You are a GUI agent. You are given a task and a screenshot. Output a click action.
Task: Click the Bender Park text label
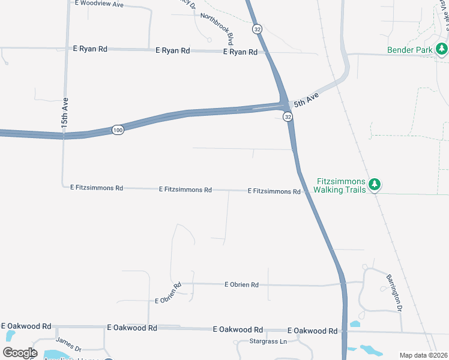coord(409,50)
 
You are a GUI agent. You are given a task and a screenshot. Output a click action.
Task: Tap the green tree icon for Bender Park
coord(442,48)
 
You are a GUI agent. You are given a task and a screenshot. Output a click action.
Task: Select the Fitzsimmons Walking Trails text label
coord(341,185)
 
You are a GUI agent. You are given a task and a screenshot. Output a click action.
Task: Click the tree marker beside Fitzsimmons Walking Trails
coord(375,184)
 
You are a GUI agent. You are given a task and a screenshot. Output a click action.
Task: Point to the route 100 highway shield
coord(118,130)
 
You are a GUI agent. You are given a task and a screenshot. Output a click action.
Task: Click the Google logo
coord(20,352)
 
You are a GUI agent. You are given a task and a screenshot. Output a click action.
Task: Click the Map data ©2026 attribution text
coord(423,355)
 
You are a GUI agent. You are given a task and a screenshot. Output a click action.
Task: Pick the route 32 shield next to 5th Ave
coord(288,117)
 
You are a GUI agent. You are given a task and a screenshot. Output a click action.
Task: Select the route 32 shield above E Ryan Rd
coord(257,29)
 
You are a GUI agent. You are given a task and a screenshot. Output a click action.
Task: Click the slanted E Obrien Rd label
coord(168,293)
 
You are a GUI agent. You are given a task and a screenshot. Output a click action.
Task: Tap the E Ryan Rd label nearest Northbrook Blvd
coord(240,52)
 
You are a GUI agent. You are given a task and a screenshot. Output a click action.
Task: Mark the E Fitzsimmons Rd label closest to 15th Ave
coord(96,188)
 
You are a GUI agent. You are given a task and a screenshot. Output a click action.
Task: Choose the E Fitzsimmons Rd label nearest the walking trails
coord(274,191)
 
